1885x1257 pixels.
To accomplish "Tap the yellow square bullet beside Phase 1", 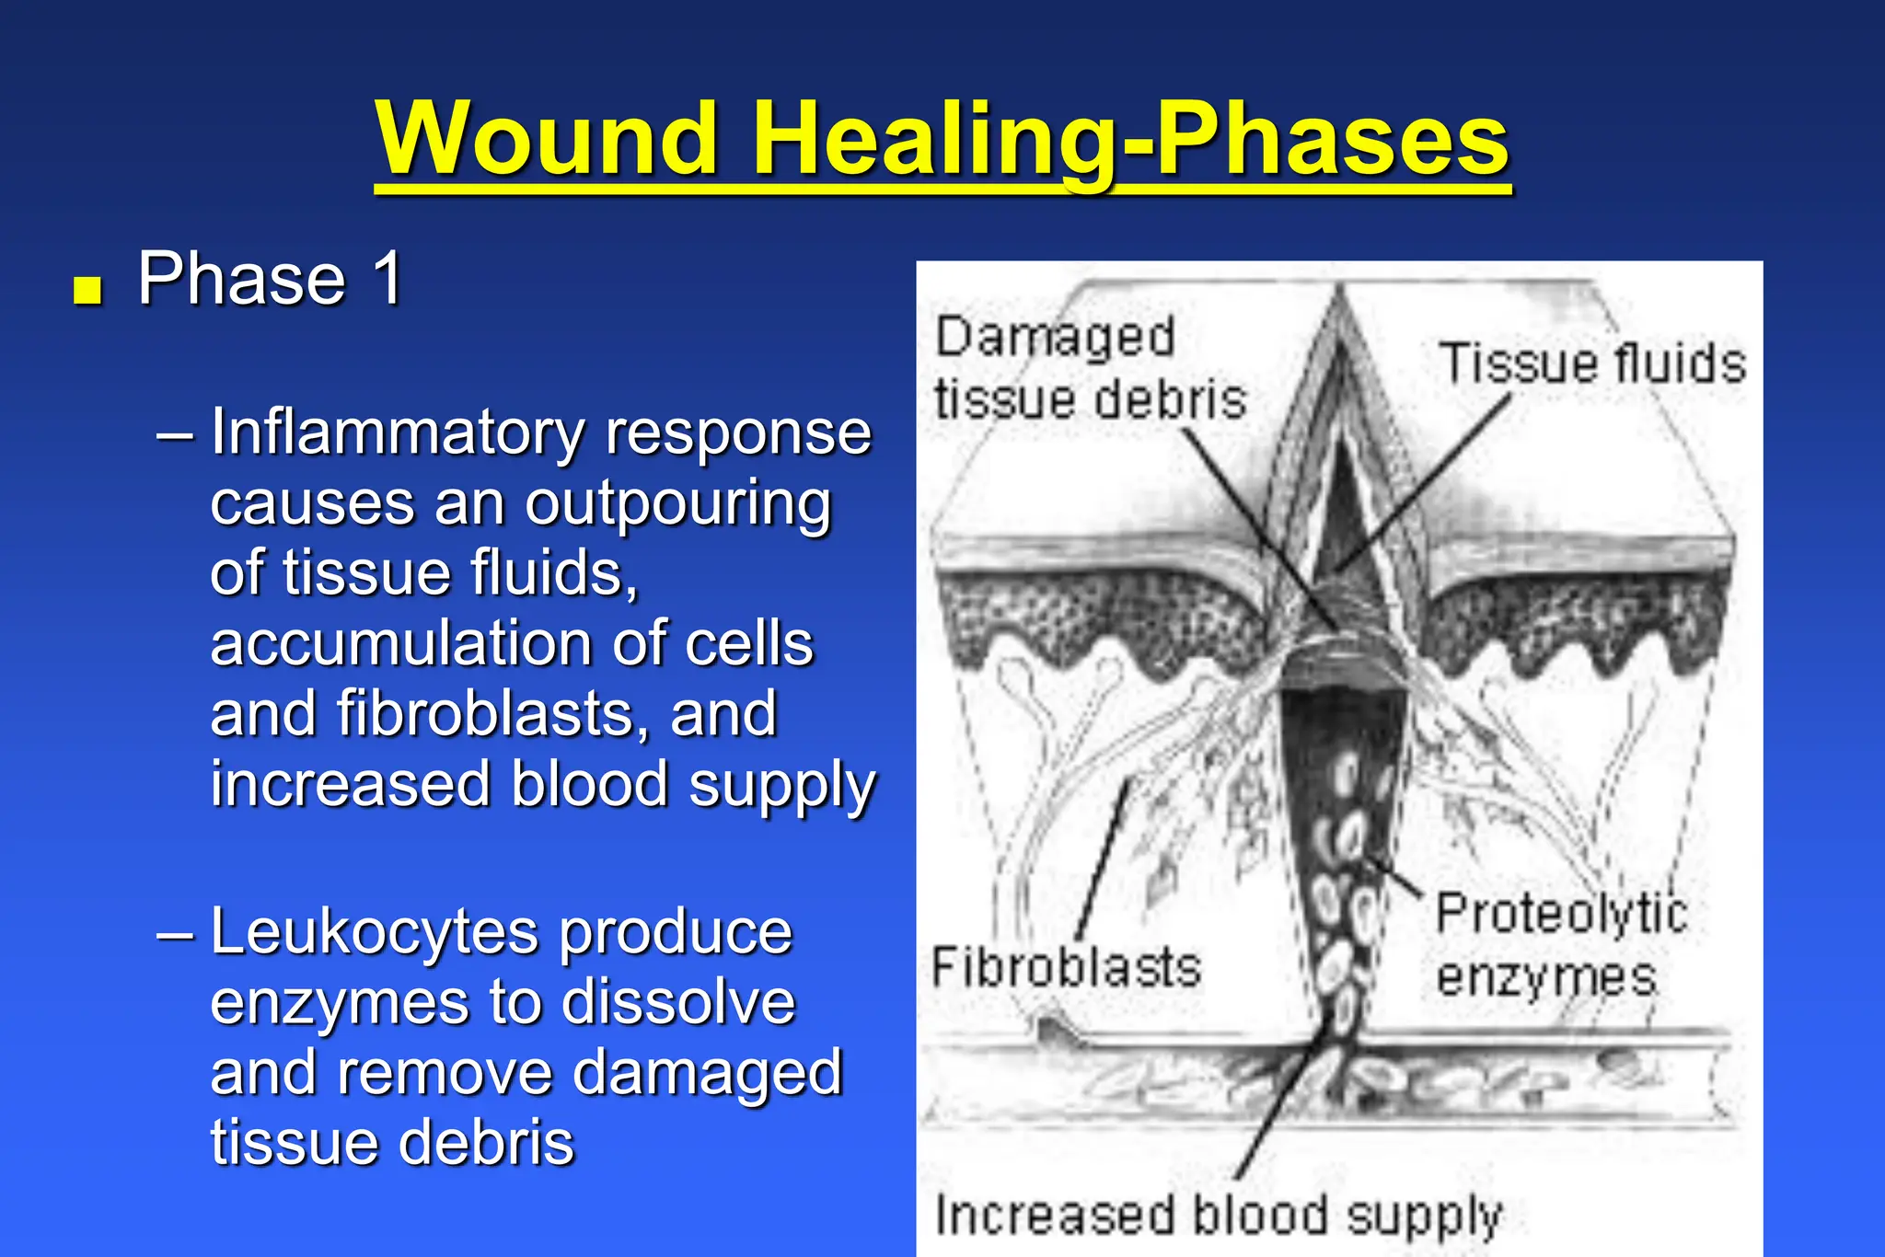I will click(87, 290).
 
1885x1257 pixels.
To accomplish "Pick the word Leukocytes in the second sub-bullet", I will click(376, 932).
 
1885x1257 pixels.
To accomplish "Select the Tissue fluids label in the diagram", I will click(1592, 363).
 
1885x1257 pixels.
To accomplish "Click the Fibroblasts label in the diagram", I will click(1067, 968).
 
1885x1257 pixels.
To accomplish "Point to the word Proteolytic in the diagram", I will click(1561, 914).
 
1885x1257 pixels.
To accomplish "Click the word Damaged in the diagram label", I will click(1055, 337).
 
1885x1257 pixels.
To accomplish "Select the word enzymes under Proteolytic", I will click(1546, 976).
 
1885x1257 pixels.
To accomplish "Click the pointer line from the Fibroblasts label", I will click(1102, 856).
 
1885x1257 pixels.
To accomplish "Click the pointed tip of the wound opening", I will click(1340, 289).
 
